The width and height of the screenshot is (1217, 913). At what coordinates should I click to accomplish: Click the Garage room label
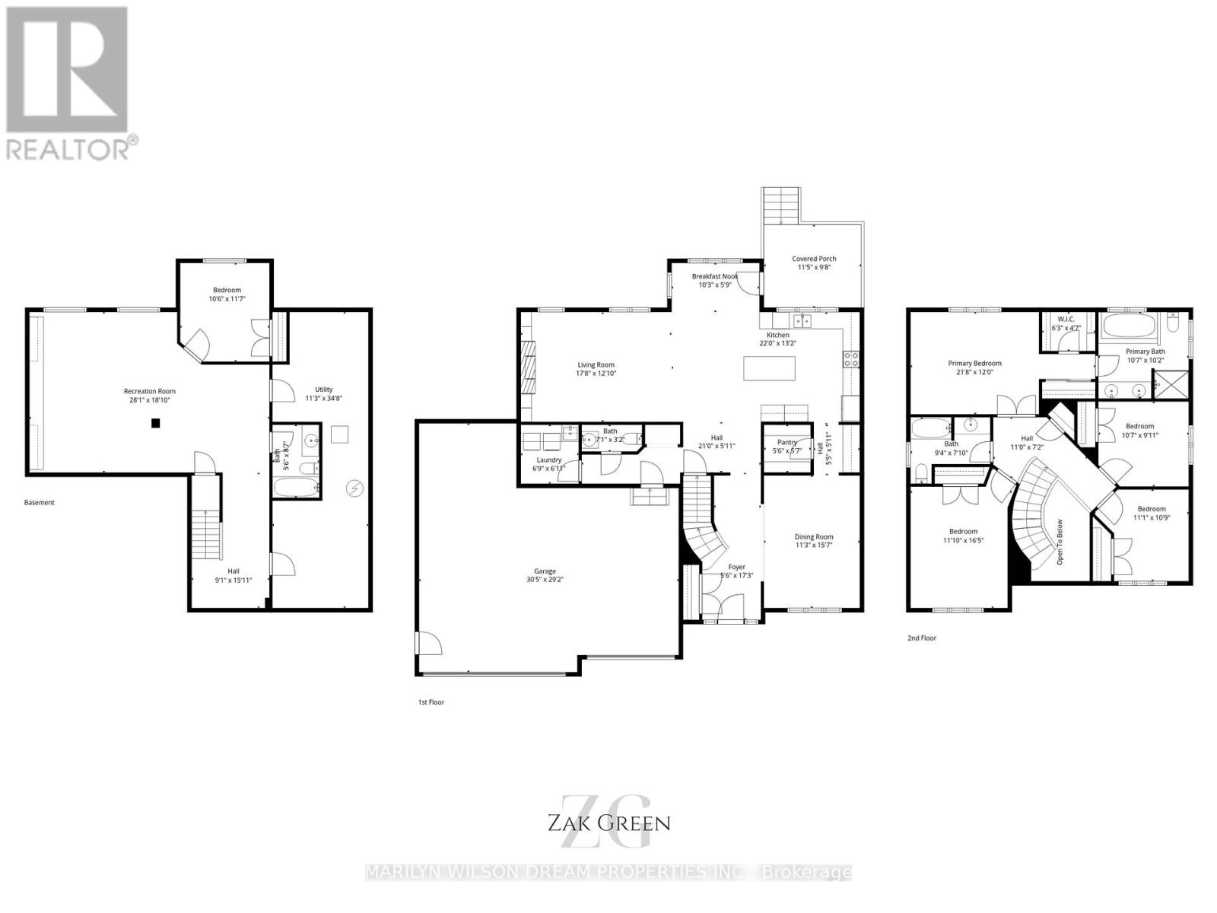pos(545,571)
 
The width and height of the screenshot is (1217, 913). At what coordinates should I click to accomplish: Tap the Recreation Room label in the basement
pos(150,391)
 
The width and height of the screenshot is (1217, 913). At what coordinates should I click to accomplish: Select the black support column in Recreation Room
pos(155,424)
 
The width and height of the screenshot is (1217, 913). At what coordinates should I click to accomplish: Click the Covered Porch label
pos(814,259)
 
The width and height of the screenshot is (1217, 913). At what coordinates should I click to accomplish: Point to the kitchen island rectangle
pos(770,368)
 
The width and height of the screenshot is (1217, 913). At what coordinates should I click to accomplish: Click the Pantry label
pos(786,442)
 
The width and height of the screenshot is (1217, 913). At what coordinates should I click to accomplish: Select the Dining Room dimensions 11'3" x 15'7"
pos(814,546)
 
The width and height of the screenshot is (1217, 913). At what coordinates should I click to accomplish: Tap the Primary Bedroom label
pos(974,363)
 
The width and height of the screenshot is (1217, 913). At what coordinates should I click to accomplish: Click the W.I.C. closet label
pos(1066,319)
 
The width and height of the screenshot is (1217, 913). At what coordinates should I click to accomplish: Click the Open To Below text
pos(1059,542)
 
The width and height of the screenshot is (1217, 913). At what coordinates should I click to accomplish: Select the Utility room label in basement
pos(324,390)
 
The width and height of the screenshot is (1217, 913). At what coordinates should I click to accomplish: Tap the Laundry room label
pos(548,460)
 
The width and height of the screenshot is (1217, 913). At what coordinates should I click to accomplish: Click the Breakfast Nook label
pos(714,276)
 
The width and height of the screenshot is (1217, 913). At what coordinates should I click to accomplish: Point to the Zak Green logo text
pos(608,822)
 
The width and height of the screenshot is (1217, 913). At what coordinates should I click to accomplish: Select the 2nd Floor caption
pos(922,638)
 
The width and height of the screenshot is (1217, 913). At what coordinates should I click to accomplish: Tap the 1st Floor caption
pos(431,702)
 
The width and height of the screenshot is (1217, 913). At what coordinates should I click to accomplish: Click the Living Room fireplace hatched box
pos(528,366)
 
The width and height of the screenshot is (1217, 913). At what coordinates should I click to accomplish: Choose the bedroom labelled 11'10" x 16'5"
pos(963,536)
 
